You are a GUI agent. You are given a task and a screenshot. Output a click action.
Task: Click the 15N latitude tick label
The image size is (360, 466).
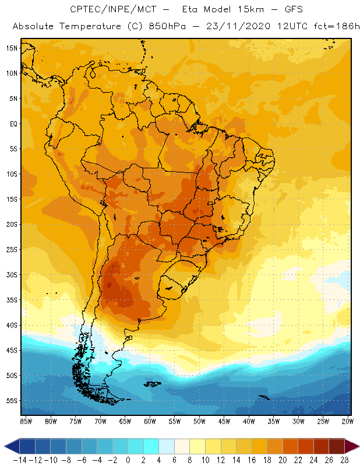pyautogui.click(x=12, y=48)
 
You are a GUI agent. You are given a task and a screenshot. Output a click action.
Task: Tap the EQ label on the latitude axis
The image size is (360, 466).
pyautogui.click(x=13, y=124)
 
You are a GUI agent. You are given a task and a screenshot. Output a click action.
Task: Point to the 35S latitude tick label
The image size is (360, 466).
pyautogui.click(x=12, y=300)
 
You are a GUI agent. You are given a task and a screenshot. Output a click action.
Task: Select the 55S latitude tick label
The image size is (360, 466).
pyautogui.click(x=12, y=401)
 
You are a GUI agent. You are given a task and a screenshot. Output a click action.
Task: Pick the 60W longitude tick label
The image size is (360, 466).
pyautogui.click(x=150, y=421)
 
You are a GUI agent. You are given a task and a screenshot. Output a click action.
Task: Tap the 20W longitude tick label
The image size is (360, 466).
pyautogui.click(x=348, y=421)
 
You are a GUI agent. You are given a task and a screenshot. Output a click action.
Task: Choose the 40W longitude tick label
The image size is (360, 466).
pyautogui.click(x=249, y=421)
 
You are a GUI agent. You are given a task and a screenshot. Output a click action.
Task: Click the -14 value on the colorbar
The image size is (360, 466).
pyautogui.click(x=19, y=460)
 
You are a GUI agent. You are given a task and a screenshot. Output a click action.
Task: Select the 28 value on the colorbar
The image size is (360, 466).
pyautogui.click(x=343, y=460)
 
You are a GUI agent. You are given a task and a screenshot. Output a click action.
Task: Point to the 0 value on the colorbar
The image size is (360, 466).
pyautogui.click(x=128, y=460)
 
